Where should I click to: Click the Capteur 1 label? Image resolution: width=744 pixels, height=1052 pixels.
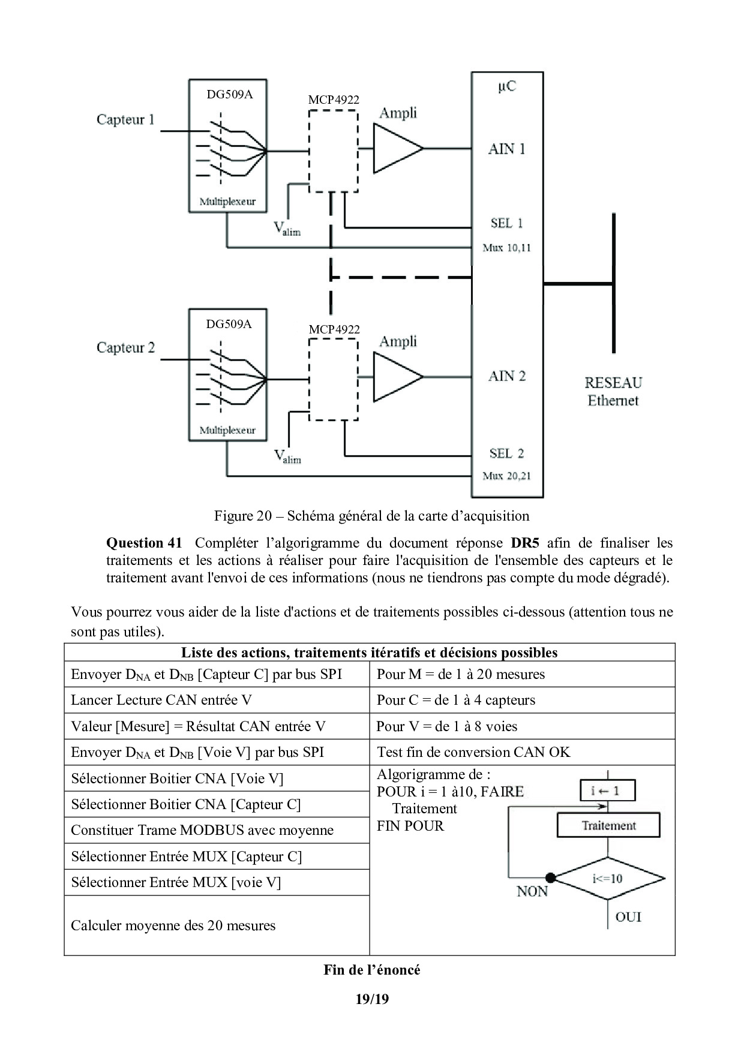click(125, 119)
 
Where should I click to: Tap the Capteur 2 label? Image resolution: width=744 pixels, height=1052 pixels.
click(125, 347)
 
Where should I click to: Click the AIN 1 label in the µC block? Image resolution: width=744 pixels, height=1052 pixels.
click(506, 148)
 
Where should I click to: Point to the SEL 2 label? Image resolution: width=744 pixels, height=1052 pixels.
click(506, 453)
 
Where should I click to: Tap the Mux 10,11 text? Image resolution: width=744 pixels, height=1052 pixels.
click(506, 248)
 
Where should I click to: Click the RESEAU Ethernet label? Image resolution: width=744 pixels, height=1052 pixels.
click(613, 391)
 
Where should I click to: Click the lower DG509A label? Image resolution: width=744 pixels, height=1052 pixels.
click(229, 324)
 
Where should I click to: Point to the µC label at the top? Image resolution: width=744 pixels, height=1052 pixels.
click(506, 86)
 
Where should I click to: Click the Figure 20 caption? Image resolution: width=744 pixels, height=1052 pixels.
click(371, 516)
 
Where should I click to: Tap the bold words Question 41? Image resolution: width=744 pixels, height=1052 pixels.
click(143, 543)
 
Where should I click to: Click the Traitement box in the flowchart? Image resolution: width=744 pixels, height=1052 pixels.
click(608, 825)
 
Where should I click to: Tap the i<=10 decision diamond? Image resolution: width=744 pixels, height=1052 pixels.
click(608, 879)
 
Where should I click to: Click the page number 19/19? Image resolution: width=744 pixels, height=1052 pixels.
click(372, 999)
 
